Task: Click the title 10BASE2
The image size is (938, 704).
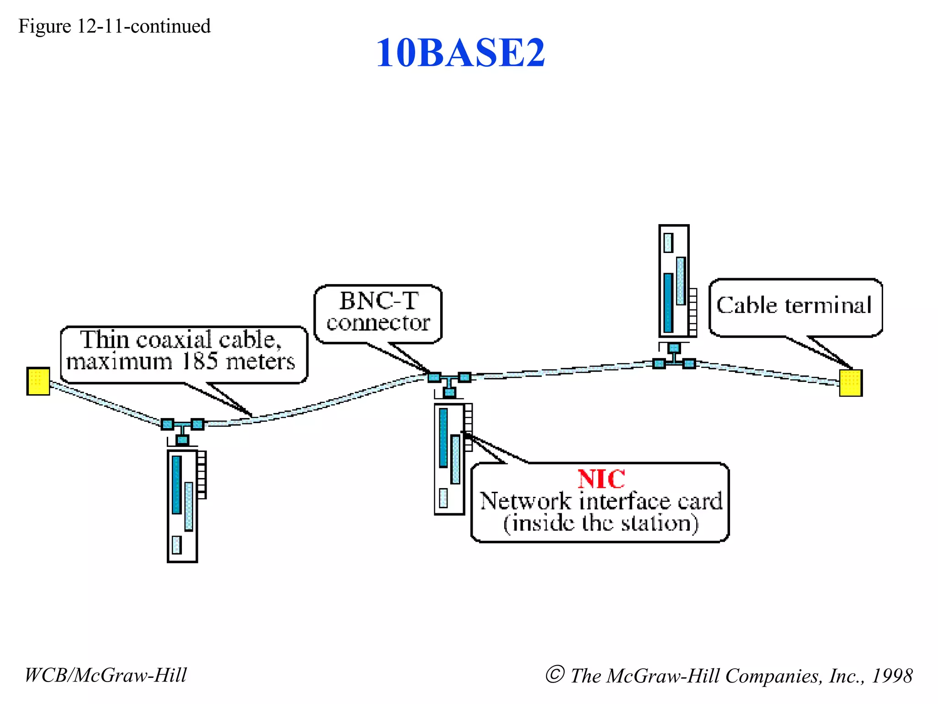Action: click(x=460, y=53)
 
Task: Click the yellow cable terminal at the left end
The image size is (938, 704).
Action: click(x=38, y=381)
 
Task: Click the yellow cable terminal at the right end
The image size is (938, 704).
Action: click(x=851, y=383)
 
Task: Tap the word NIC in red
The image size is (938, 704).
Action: click(x=601, y=479)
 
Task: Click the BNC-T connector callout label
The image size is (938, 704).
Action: click(x=378, y=312)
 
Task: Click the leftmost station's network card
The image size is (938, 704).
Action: click(x=182, y=506)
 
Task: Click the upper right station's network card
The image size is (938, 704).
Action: click(x=674, y=281)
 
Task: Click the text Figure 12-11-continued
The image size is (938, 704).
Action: click(x=115, y=26)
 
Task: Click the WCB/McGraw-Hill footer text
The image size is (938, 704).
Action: click(x=105, y=675)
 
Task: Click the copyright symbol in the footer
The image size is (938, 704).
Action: click(x=555, y=674)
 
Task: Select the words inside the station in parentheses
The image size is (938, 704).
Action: click(x=601, y=523)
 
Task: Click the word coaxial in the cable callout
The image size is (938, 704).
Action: click(x=174, y=340)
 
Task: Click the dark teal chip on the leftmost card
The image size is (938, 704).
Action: click(x=177, y=484)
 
